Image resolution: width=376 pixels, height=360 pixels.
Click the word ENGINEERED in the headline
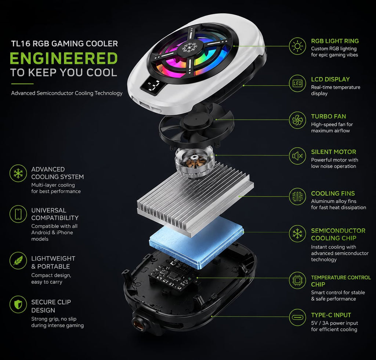[x=64, y=58]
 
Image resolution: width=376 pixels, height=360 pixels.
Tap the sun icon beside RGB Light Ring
[x=297, y=46]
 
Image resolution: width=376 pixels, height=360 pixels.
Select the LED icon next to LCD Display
[x=297, y=83]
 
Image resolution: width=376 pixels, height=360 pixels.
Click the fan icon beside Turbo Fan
[x=297, y=120]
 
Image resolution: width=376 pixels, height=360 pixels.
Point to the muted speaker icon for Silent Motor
[x=297, y=156]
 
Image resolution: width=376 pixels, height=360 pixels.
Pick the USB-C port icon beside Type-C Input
[x=297, y=317]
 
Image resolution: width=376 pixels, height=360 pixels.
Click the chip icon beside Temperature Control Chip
[x=297, y=280]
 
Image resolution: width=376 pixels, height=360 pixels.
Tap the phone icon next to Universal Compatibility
[x=18, y=214]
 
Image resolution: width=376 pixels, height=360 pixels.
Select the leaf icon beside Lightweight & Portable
[x=18, y=261]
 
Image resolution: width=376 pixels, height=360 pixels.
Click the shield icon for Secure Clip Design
[x=18, y=305]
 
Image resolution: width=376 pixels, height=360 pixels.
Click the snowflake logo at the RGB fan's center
[x=190, y=47]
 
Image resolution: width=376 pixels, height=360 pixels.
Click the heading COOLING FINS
[x=333, y=193]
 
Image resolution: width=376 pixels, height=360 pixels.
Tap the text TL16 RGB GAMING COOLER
[x=65, y=44]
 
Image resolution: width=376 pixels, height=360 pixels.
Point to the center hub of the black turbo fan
[x=195, y=119]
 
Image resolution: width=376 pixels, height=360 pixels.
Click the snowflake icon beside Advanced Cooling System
[x=18, y=173]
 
